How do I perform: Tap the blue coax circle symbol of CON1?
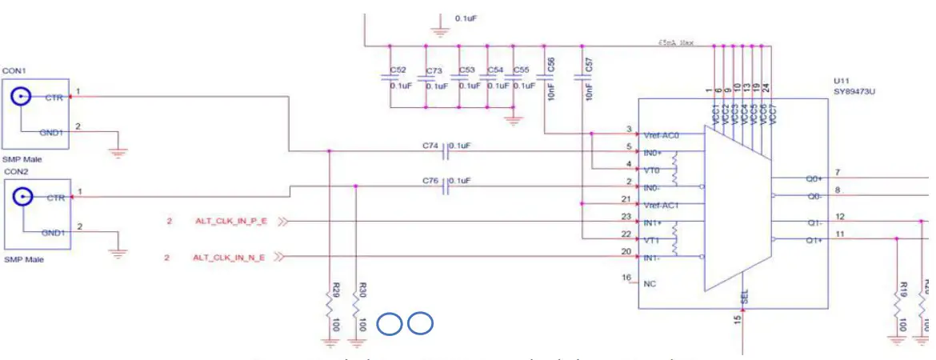[x=21, y=97]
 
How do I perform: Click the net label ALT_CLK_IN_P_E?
[x=230, y=221]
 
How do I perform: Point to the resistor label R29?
[x=335, y=289]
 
